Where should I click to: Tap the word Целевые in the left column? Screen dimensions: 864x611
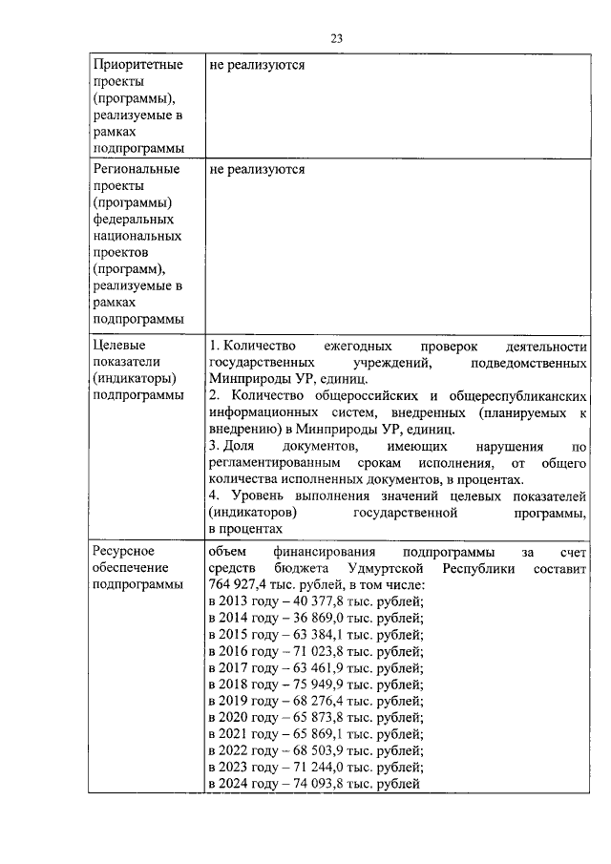coord(118,345)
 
